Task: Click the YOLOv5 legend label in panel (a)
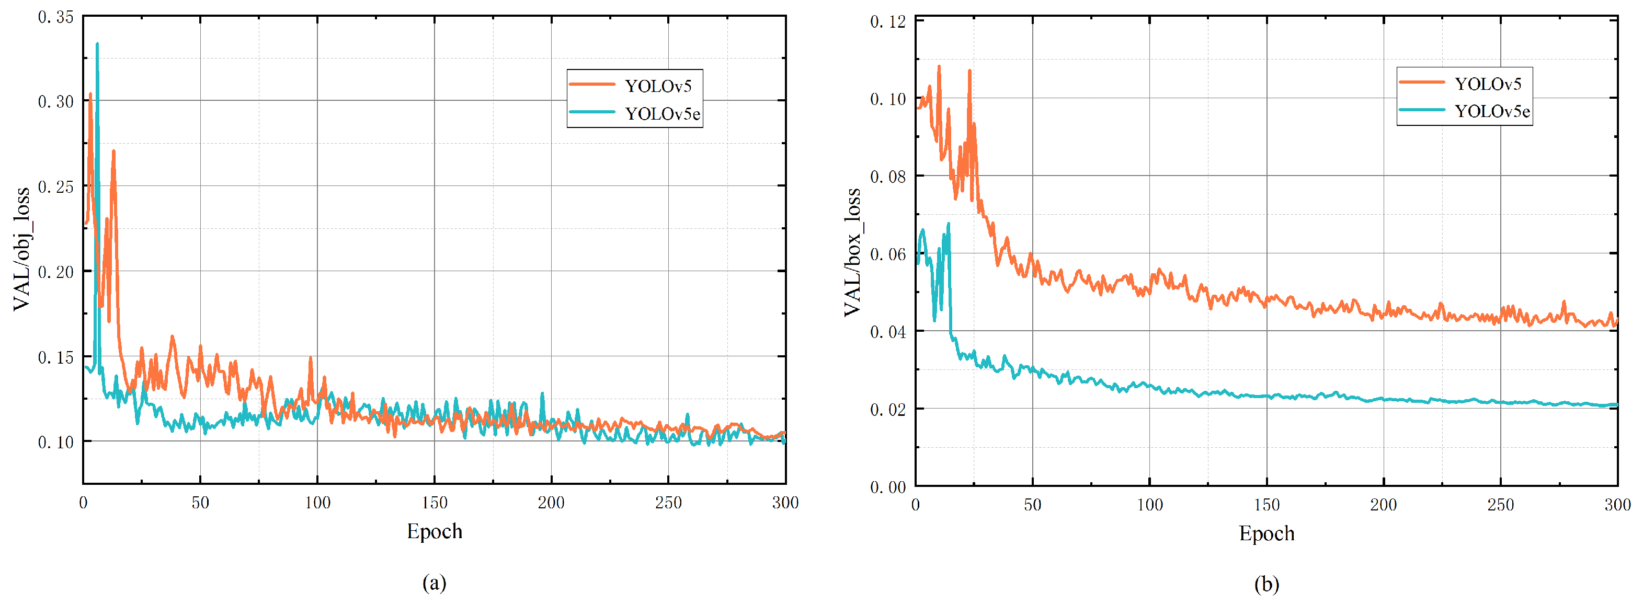coord(658,86)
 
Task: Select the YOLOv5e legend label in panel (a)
coord(662,114)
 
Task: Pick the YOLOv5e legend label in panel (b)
coord(1492,112)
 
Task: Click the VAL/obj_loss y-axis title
coord(21,249)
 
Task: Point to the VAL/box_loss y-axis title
coord(852,252)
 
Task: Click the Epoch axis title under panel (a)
coord(435,531)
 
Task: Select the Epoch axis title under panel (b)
coord(1266,533)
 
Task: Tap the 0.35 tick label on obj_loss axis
coord(56,17)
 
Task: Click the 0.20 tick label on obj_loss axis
coord(56,272)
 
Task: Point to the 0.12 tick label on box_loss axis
coord(888,21)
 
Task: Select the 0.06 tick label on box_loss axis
coord(888,254)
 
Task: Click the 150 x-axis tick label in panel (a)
coord(435,503)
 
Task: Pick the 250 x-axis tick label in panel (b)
coord(1500,504)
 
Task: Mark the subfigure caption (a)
coord(435,582)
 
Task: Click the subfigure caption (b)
coord(1266,584)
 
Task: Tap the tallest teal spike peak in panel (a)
coord(97,44)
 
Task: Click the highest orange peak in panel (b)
coord(939,66)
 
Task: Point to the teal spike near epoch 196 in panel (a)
coord(542,394)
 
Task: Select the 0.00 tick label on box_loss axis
coord(888,487)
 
